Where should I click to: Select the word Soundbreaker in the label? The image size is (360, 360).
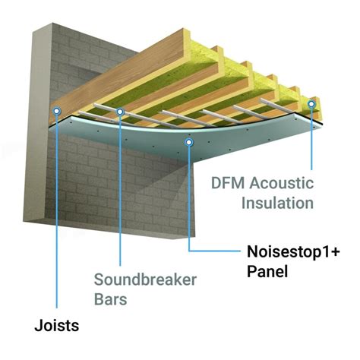(145, 280)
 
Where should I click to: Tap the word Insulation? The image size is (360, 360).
(277, 203)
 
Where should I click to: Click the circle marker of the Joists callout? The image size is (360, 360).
(56, 110)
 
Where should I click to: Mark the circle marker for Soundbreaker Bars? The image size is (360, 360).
(121, 112)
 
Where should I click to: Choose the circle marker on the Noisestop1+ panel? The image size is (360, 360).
(188, 141)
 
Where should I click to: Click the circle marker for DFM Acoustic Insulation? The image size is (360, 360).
(311, 103)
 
